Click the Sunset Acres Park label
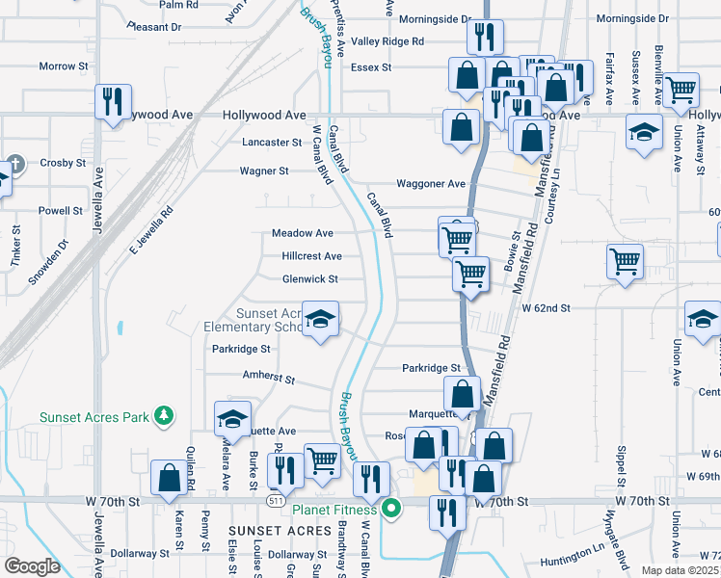(x=94, y=417)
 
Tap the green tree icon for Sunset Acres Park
(x=165, y=415)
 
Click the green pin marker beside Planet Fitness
(x=390, y=509)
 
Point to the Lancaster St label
(x=273, y=142)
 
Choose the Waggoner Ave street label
(x=431, y=184)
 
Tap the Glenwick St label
(x=309, y=279)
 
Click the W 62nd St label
(x=547, y=308)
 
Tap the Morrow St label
(x=64, y=66)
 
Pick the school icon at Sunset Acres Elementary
(x=320, y=318)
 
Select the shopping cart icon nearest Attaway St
(x=681, y=90)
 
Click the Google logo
(x=32, y=565)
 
